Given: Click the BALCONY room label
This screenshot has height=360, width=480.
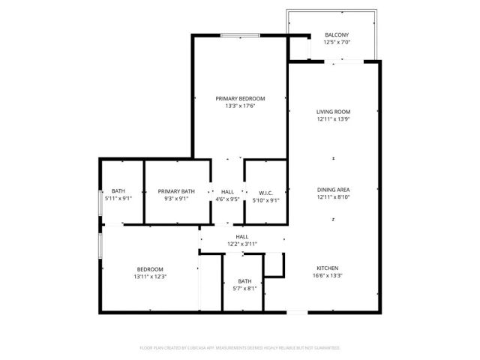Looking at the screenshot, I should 336,35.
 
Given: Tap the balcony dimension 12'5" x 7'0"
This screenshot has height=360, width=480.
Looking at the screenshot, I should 336,43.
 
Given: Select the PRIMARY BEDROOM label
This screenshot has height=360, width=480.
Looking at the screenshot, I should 240,98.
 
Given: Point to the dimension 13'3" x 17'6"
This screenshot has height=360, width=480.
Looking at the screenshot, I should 240,106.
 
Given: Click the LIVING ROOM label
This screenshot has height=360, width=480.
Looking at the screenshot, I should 334,112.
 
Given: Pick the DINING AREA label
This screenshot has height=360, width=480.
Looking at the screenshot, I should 334,189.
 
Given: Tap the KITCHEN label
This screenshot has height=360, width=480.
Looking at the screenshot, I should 327,268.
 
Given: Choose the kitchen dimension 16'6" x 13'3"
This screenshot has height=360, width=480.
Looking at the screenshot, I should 327,276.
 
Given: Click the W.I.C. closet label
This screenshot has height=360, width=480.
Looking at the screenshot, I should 264,191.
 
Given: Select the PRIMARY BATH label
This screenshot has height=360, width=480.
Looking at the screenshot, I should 176,191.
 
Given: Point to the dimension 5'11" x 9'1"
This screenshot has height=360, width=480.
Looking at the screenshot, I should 118,199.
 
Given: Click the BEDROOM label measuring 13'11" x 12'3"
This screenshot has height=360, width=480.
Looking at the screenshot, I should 150,269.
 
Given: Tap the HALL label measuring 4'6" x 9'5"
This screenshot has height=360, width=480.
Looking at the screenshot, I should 226,191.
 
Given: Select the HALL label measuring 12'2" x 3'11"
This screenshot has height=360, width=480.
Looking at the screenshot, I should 242,236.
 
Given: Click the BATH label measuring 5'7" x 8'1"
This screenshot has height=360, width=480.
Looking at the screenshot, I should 244,280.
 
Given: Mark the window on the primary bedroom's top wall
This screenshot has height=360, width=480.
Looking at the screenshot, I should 240,34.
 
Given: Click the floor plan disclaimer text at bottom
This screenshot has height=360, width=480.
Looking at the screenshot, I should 240,348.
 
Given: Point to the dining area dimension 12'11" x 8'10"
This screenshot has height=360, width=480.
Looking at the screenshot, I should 334,197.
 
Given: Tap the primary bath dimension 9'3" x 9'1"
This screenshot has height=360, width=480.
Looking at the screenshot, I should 176,199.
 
